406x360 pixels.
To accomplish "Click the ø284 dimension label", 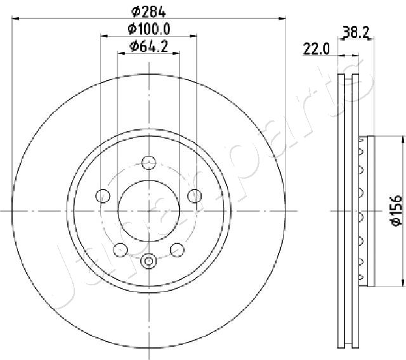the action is click(x=148, y=11).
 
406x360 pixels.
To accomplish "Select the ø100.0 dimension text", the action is click(x=149, y=29).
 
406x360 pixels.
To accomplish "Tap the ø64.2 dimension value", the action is click(x=149, y=46).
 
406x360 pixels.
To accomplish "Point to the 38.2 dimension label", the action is click(x=356, y=32).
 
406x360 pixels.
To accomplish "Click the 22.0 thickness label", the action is click(x=317, y=49).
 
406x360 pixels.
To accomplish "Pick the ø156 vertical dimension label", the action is click(x=396, y=211).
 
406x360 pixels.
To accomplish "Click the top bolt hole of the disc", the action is click(x=149, y=163).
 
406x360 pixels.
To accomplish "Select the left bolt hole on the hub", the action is click(x=103, y=196).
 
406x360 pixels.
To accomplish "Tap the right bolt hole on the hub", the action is click(x=195, y=196).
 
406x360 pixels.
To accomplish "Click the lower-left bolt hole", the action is click(x=121, y=250).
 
